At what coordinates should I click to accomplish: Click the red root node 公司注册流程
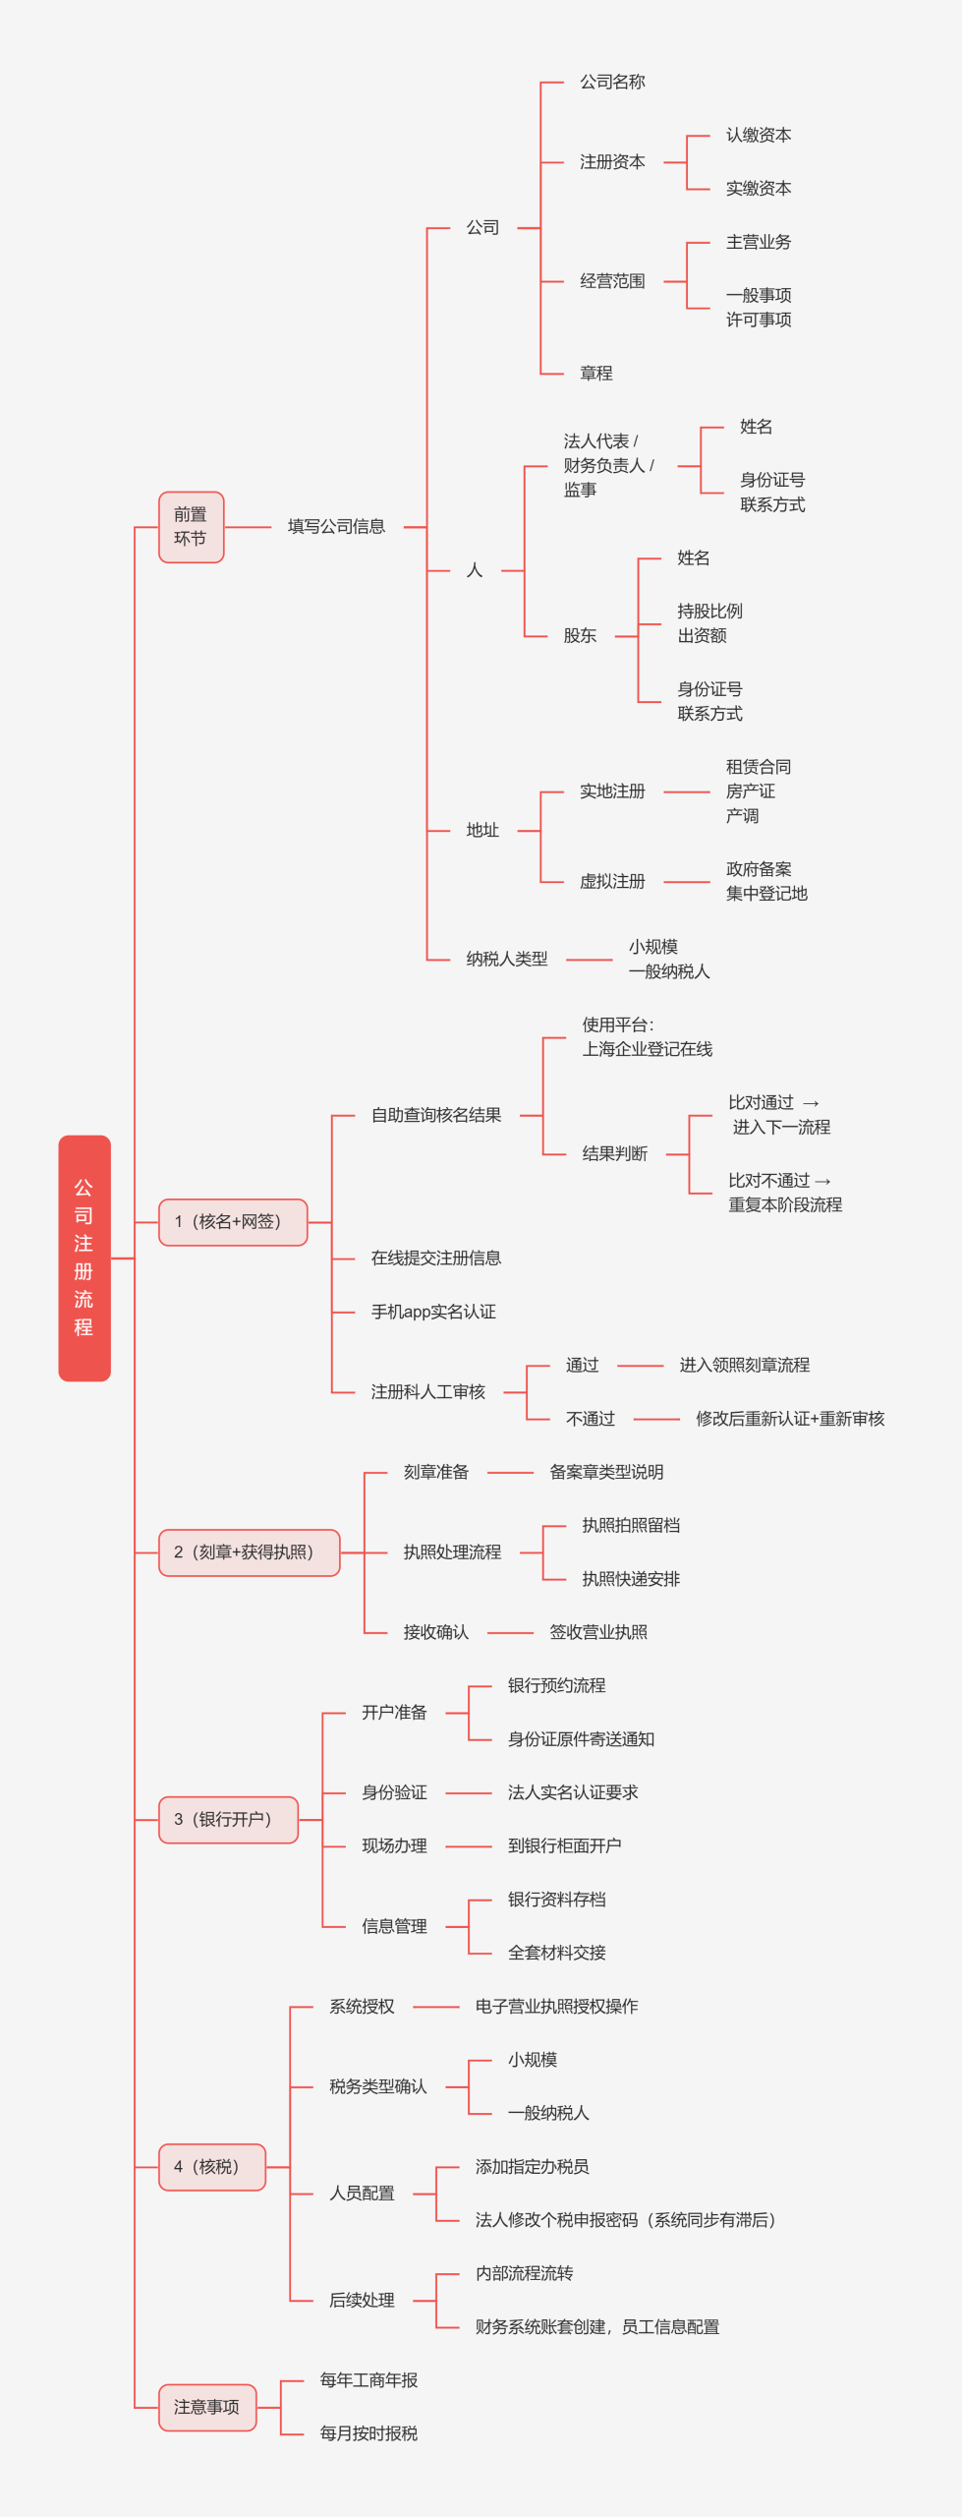click(85, 1258)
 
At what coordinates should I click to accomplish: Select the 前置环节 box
click(191, 527)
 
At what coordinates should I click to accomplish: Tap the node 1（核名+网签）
click(233, 1222)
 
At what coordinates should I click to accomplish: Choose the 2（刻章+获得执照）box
click(249, 1552)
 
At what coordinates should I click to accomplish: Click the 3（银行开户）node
click(228, 1820)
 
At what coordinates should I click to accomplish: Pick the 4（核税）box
click(211, 2167)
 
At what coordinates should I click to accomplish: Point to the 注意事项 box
click(207, 2407)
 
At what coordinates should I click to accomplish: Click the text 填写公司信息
click(336, 527)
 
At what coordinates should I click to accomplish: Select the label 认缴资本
click(758, 136)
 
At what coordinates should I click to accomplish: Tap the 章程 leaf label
click(595, 374)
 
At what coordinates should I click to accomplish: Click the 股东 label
click(580, 636)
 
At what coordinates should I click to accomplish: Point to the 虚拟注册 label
click(611, 882)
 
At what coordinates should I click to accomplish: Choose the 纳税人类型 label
click(506, 959)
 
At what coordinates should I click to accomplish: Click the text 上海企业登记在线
click(647, 1050)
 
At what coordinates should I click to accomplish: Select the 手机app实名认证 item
click(433, 1312)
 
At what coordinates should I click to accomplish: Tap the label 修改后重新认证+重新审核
click(790, 1419)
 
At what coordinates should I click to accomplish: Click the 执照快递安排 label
click(630, 1579)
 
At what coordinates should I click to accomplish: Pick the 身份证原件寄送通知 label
click(581, 1739)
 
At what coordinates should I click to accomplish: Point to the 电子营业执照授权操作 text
click(556, 2007)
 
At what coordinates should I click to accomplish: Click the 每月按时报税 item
click(368, 2433)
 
